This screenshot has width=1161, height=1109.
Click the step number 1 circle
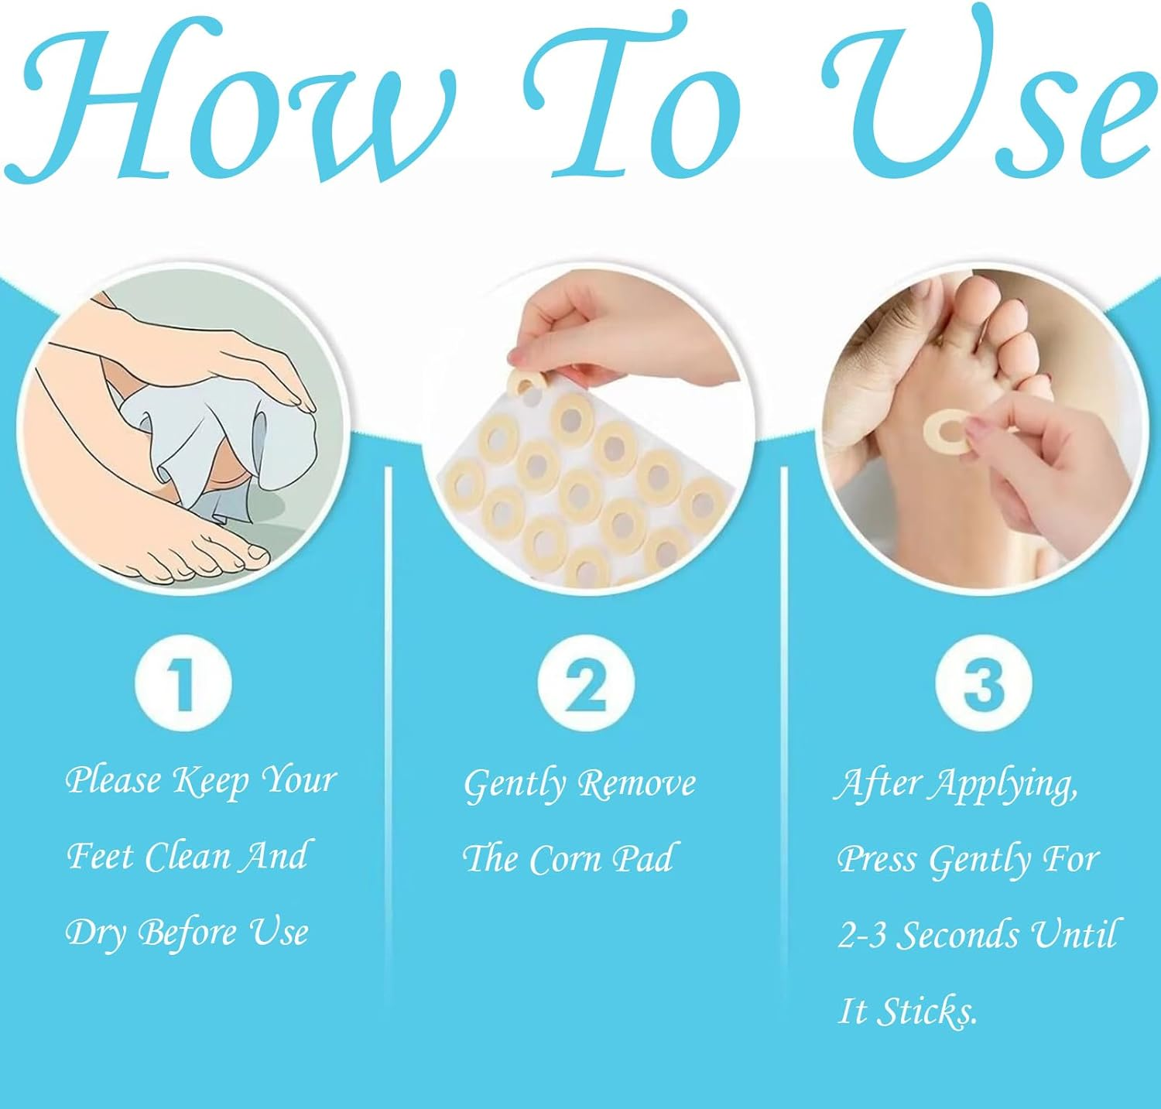click(183, 683)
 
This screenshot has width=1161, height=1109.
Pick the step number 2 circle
click(586, 683)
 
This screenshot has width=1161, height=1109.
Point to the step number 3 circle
click(983, 683)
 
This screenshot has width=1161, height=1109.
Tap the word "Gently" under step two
click(515, 785)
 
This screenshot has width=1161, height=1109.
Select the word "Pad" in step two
click(642, 860)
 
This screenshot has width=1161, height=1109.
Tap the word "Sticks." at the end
click(928, 1011)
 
